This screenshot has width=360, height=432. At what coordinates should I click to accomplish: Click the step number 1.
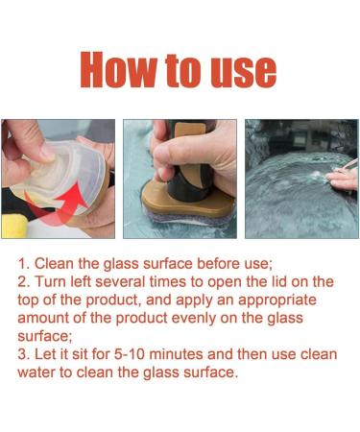coord(24,262)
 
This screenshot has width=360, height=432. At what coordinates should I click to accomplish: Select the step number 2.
coord(24,281)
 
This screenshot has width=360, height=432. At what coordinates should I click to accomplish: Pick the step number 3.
coord(24,354)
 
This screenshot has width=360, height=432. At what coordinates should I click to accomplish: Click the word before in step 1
coord(236,262)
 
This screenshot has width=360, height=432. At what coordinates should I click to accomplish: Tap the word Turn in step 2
coord(55,281)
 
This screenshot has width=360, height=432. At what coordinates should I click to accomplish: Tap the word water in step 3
coord(40,372)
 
